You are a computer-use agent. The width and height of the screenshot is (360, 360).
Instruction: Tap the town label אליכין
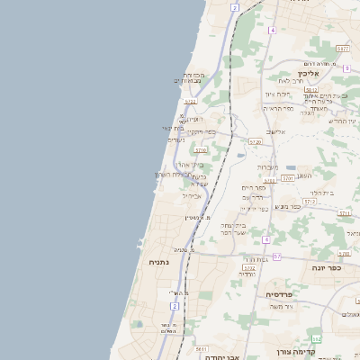(315, 73)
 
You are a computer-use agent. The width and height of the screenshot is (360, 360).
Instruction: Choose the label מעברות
(268, 167)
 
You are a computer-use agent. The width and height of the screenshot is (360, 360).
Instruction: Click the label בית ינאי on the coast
(173, 128)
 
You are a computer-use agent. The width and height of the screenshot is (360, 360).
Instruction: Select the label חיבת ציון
(277, 94)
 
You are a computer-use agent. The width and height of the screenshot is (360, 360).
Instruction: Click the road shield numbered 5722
(249, 267)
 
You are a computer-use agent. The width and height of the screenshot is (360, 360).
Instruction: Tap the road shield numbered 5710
(201, 150)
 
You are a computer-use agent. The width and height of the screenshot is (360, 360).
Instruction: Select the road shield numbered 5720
(255, 141)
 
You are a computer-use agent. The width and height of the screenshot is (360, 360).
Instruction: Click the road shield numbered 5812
(310, 90)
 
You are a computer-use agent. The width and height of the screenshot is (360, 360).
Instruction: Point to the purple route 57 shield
(277, 256)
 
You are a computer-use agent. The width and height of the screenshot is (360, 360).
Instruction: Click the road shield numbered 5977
(343, 49)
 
